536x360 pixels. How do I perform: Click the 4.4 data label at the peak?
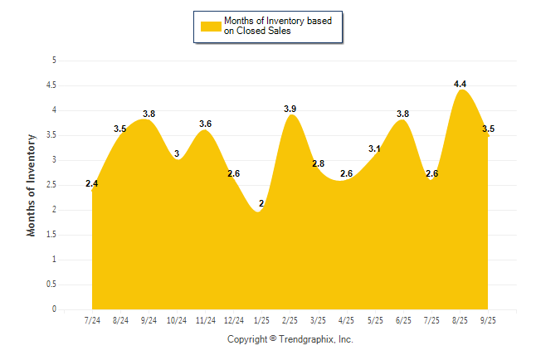pos(460,84)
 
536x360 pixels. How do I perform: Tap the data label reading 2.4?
pos(92,183)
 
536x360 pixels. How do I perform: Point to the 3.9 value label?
pos(290,109)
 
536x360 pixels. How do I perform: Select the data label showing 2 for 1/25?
pos(262,203)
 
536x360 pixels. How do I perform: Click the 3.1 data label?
pos(374,149)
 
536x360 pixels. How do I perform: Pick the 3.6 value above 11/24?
pos(206,124)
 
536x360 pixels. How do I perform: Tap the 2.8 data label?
pos(319,163)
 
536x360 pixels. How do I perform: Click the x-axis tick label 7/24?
pos(92,320)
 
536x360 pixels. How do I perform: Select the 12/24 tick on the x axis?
pos(234,320)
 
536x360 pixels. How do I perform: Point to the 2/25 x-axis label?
pos(290,320)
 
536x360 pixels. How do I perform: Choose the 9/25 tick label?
pos(488,320)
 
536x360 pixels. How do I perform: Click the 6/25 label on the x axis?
pos(403,320)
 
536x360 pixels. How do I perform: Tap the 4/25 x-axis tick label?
pos(347,320)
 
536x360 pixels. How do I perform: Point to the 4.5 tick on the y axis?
pos(51,85)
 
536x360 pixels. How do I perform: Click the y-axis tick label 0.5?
pos(51,285)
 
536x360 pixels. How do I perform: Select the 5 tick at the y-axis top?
pos(54,61)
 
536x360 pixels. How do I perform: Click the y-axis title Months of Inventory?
pos(32,185)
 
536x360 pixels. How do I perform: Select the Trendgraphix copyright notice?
pos(290,339)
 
